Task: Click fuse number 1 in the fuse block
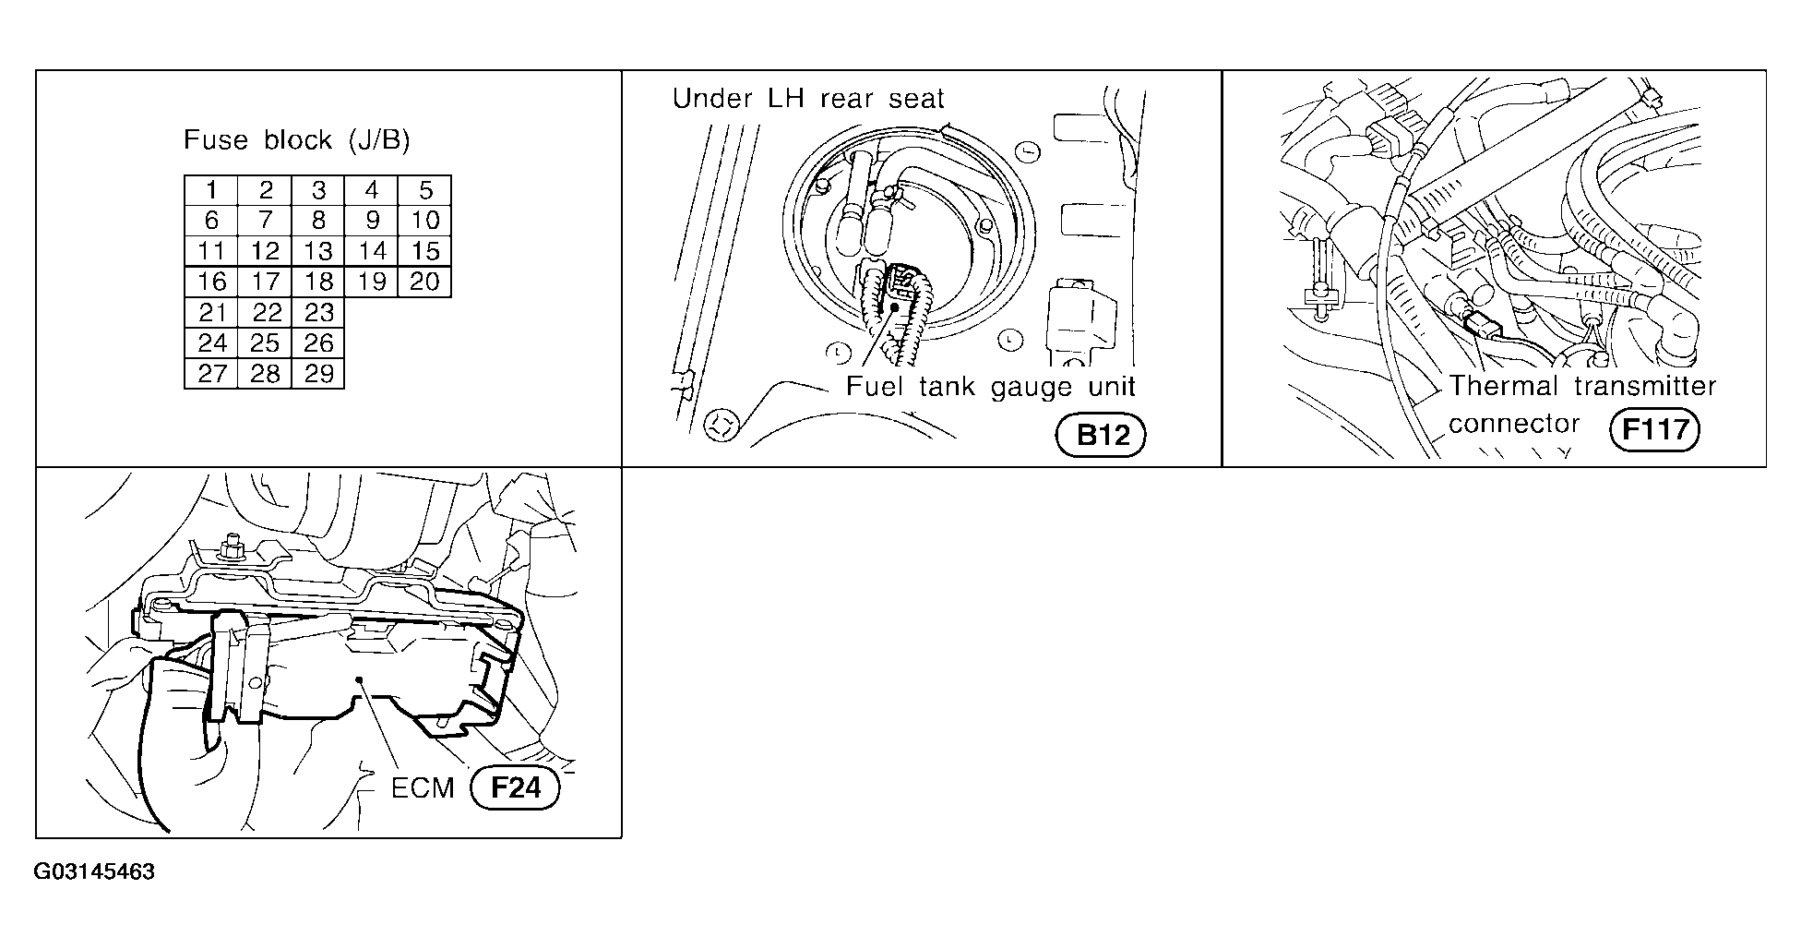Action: pyautogui.click(x=211, y=190)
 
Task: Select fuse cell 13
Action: pyautogui.click(x=318, y=251)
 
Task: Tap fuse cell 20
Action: pyautogui.click(x=424, y=282)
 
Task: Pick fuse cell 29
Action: pyautogui.click(x=318, y=374)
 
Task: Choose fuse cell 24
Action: pyautogui.click(x=211, y=343)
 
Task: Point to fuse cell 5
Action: pyautogui.click(x=424, y=190)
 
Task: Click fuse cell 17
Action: pyautogui.click(x=265, y=282)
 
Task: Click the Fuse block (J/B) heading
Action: pyautogui.click(x=297, y=140)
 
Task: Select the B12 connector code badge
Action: pyautogui.click(x=1100, y=436)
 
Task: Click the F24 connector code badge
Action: pyautogui.click(x=515, y=788)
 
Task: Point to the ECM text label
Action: pyautogui.click(x=423, y=788)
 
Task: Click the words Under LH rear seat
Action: pyautogui.click(x=808, y=99)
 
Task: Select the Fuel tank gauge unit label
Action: pyautogui.click(x=991, y=386)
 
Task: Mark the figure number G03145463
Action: pyautogui.click(x=94, y=872)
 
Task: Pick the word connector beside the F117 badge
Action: pyautogui.click(x=1513, y=425)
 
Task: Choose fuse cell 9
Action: pyautogui.click(x=371, y=221)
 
